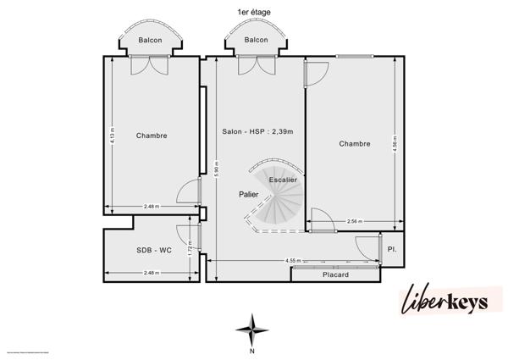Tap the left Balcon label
pos(151,40)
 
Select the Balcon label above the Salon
pos(256,40)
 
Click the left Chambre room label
pos(152,136)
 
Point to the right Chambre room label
pos(355,143)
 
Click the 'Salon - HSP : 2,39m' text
pos(254,132)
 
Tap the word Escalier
pos(283,180)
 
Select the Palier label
pos(249,194)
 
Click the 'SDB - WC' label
pos(155,251)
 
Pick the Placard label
pos(336,274)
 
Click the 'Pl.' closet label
pos(392,251)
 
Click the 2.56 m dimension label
pos(354,222)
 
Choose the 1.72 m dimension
pos(192,250)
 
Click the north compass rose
pos(251,328)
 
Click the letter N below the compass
pos(251,350)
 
